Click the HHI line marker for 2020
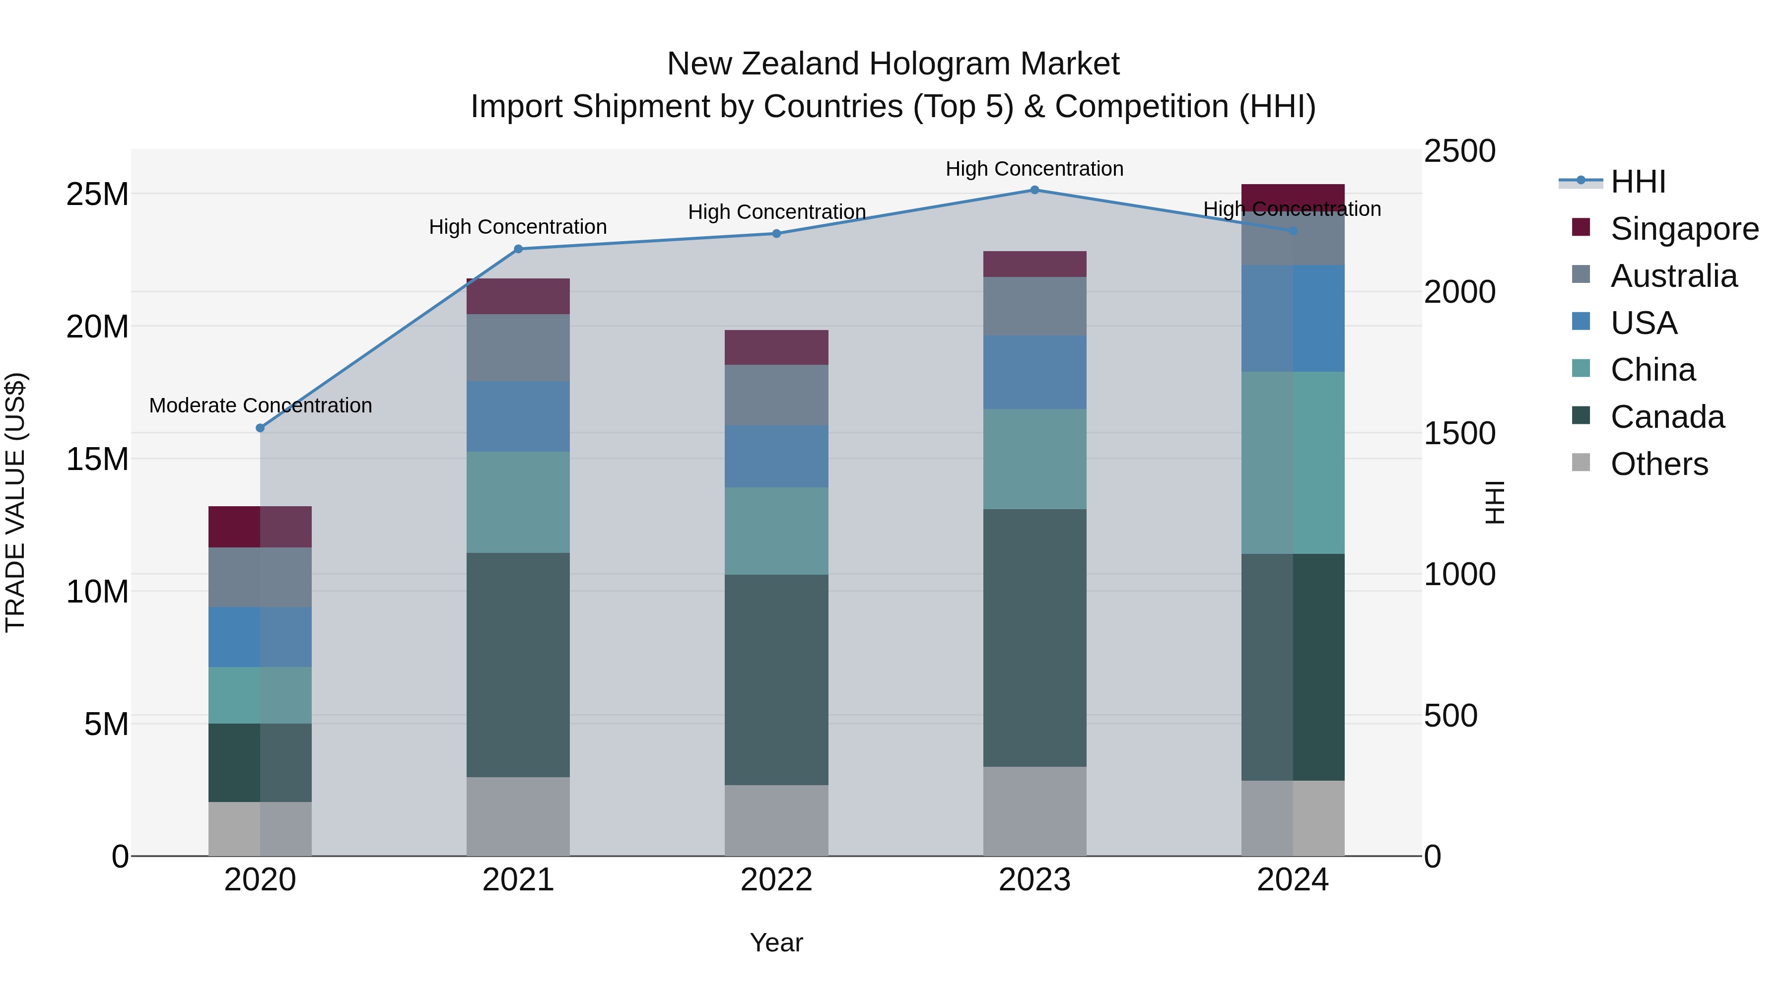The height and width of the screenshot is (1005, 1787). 260,428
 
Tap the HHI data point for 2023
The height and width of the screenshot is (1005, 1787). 1034,190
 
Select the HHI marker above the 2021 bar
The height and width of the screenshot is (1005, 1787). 518,249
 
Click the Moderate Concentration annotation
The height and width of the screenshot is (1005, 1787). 260,406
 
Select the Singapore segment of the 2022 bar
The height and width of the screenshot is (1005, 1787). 776,347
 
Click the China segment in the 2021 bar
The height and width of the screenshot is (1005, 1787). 518,502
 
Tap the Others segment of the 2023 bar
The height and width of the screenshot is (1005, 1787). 1034,811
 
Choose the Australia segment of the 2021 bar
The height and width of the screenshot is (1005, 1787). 518,347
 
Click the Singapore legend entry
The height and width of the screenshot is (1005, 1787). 1684,229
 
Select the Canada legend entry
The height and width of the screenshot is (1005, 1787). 1667,417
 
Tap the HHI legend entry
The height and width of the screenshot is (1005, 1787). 1637,182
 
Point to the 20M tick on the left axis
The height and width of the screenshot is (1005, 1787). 97,327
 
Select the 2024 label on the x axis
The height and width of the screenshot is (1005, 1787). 1293,880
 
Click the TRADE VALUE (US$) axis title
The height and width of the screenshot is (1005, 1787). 16,502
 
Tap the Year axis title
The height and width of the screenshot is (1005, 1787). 776,942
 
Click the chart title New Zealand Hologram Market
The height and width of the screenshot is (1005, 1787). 893,64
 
